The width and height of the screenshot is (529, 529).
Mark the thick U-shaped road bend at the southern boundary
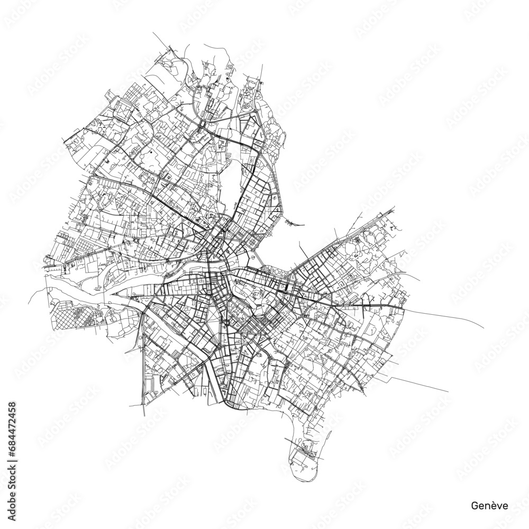(231, 405)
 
